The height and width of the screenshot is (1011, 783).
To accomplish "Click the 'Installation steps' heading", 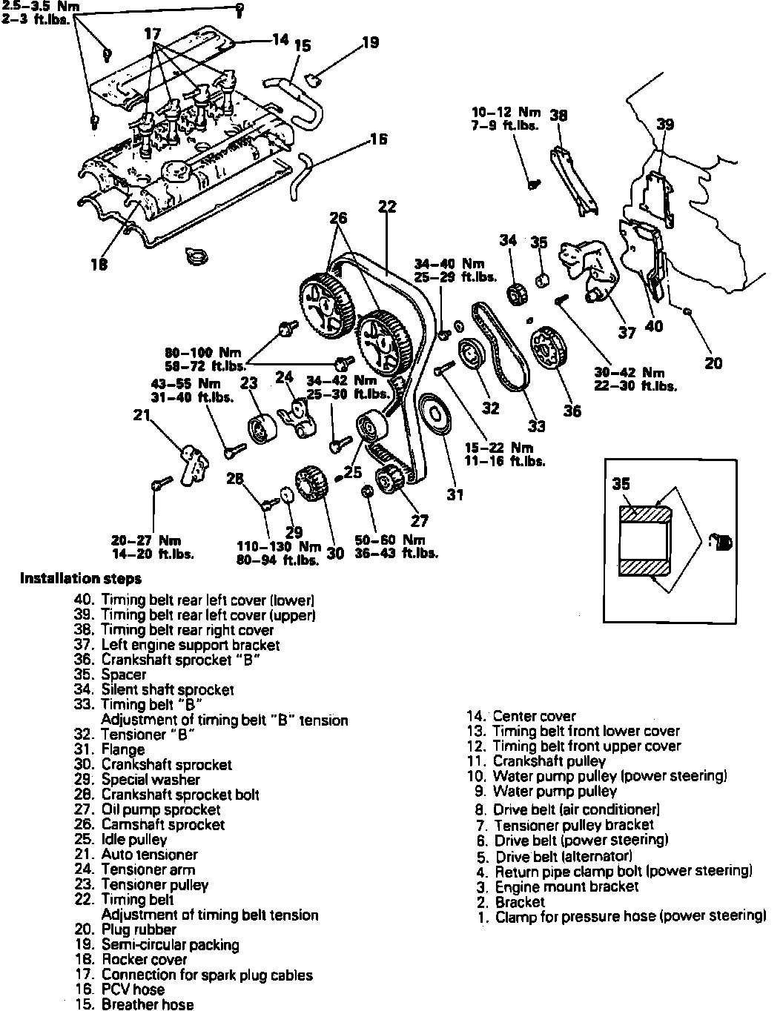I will [81, 579].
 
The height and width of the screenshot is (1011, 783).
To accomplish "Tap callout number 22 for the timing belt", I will [387, 207].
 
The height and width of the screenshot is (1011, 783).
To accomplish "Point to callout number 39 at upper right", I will [665, 124].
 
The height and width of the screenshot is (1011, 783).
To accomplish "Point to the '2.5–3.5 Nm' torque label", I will [31, 4].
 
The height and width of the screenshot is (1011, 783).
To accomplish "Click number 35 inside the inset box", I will [621, 483].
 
